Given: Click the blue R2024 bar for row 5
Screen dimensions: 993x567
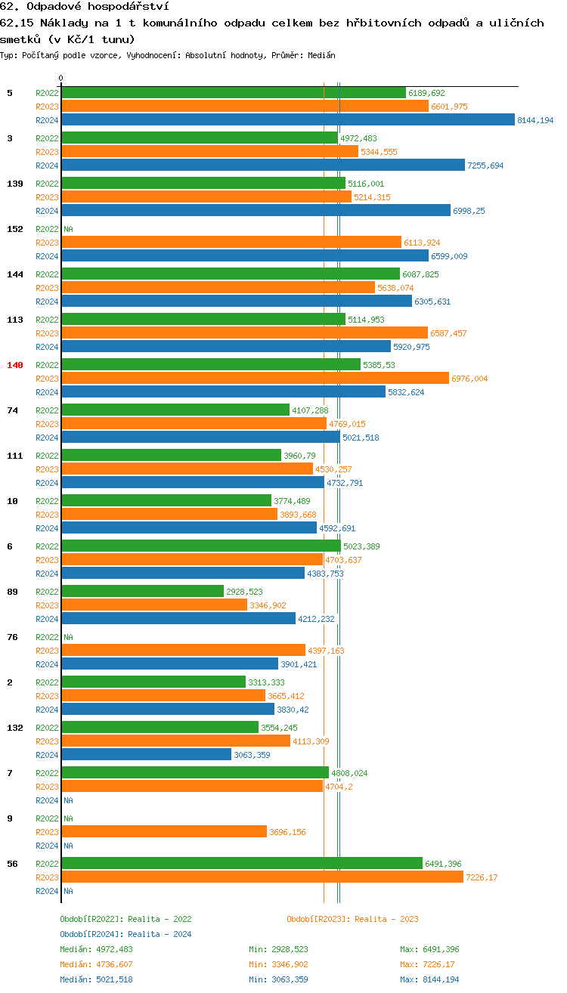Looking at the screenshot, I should [x=287, y=120].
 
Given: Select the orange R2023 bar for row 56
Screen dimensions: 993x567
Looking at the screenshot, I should [x=262, y=877].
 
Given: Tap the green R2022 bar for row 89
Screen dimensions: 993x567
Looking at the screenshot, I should [x=143, y=592].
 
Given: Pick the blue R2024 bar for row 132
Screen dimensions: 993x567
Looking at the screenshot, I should [x=146, y=755].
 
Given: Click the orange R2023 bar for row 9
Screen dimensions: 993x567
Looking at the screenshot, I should [x=164, y=832].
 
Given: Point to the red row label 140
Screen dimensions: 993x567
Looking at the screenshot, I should [x=15, y=365].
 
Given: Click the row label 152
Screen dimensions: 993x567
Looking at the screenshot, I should [x=15, y=229].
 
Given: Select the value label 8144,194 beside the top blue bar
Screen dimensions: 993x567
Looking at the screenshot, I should [x=535, y=120].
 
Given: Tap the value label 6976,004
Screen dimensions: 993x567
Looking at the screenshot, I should [x=469, y=379].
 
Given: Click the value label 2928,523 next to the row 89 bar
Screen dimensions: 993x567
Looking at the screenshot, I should [x=244, y=592].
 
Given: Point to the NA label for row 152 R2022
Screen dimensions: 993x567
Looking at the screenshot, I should [x=68, y=229].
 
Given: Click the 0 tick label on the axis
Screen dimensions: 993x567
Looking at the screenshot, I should [x=61, y=78].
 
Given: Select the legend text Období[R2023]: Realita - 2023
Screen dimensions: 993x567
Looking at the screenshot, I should [x=352, y=919].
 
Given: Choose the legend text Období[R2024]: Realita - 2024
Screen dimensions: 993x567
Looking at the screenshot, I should [x=125, y=934].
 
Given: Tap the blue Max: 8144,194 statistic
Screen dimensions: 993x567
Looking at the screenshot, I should [x=429, y=979].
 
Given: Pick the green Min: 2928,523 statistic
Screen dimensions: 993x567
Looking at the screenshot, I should [x=278, y=949].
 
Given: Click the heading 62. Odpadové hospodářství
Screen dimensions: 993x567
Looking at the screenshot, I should [x=84, y=7].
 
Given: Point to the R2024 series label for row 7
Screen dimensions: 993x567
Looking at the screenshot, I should [x=47, y=800].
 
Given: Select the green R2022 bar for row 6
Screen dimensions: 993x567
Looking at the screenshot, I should [x=200, y=546].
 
